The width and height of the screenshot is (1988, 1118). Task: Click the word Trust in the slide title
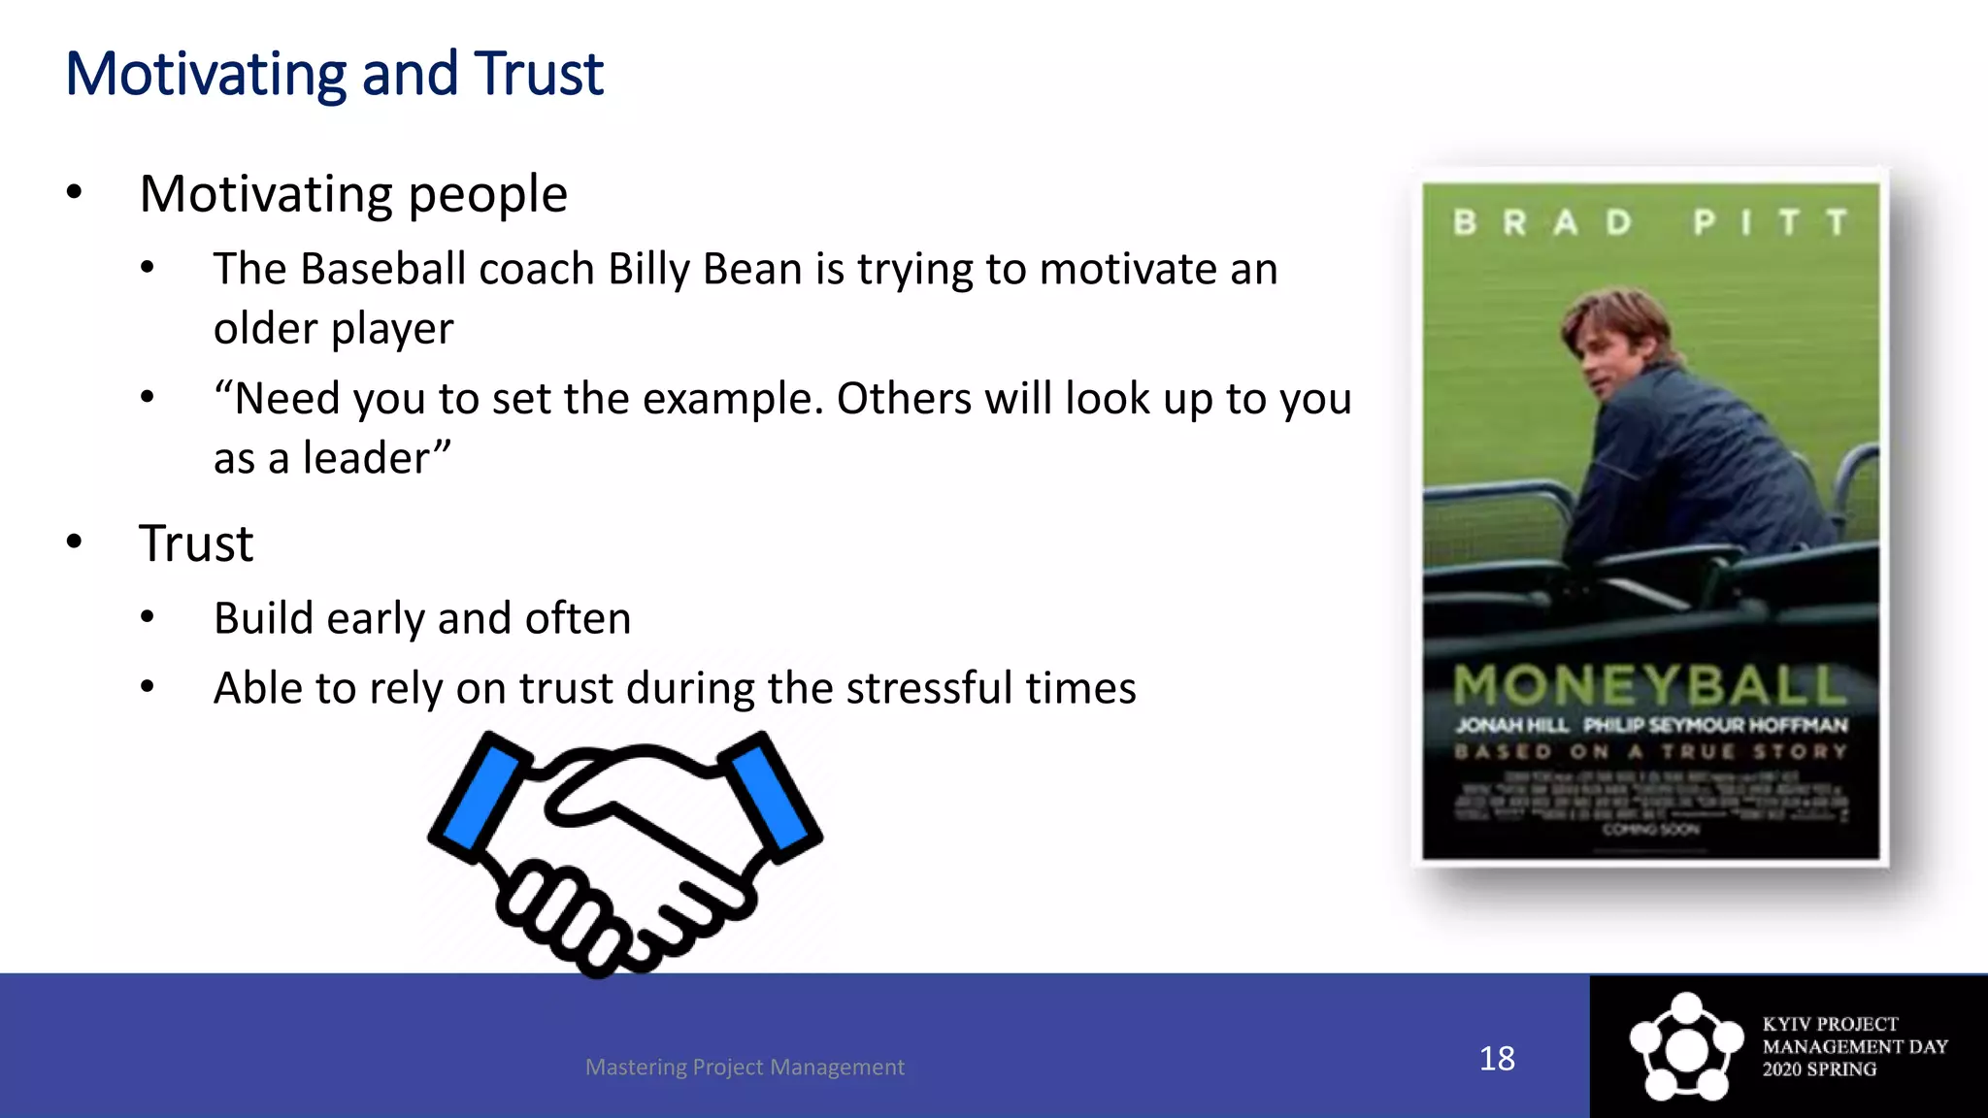(539, 75)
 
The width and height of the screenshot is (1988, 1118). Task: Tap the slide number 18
(1497, 1058)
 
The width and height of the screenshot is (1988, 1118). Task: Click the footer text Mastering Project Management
(745, 1067)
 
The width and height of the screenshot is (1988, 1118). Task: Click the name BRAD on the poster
(1542, 223)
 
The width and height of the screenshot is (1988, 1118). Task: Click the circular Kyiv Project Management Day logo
(1686, 1047)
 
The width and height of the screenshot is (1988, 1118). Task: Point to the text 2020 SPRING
(1819, 1069)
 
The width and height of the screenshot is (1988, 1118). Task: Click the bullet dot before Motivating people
(75, 193)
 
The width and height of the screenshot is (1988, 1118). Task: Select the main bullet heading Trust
(196, 543)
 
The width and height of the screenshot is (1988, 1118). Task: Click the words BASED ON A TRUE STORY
(1649, 751)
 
